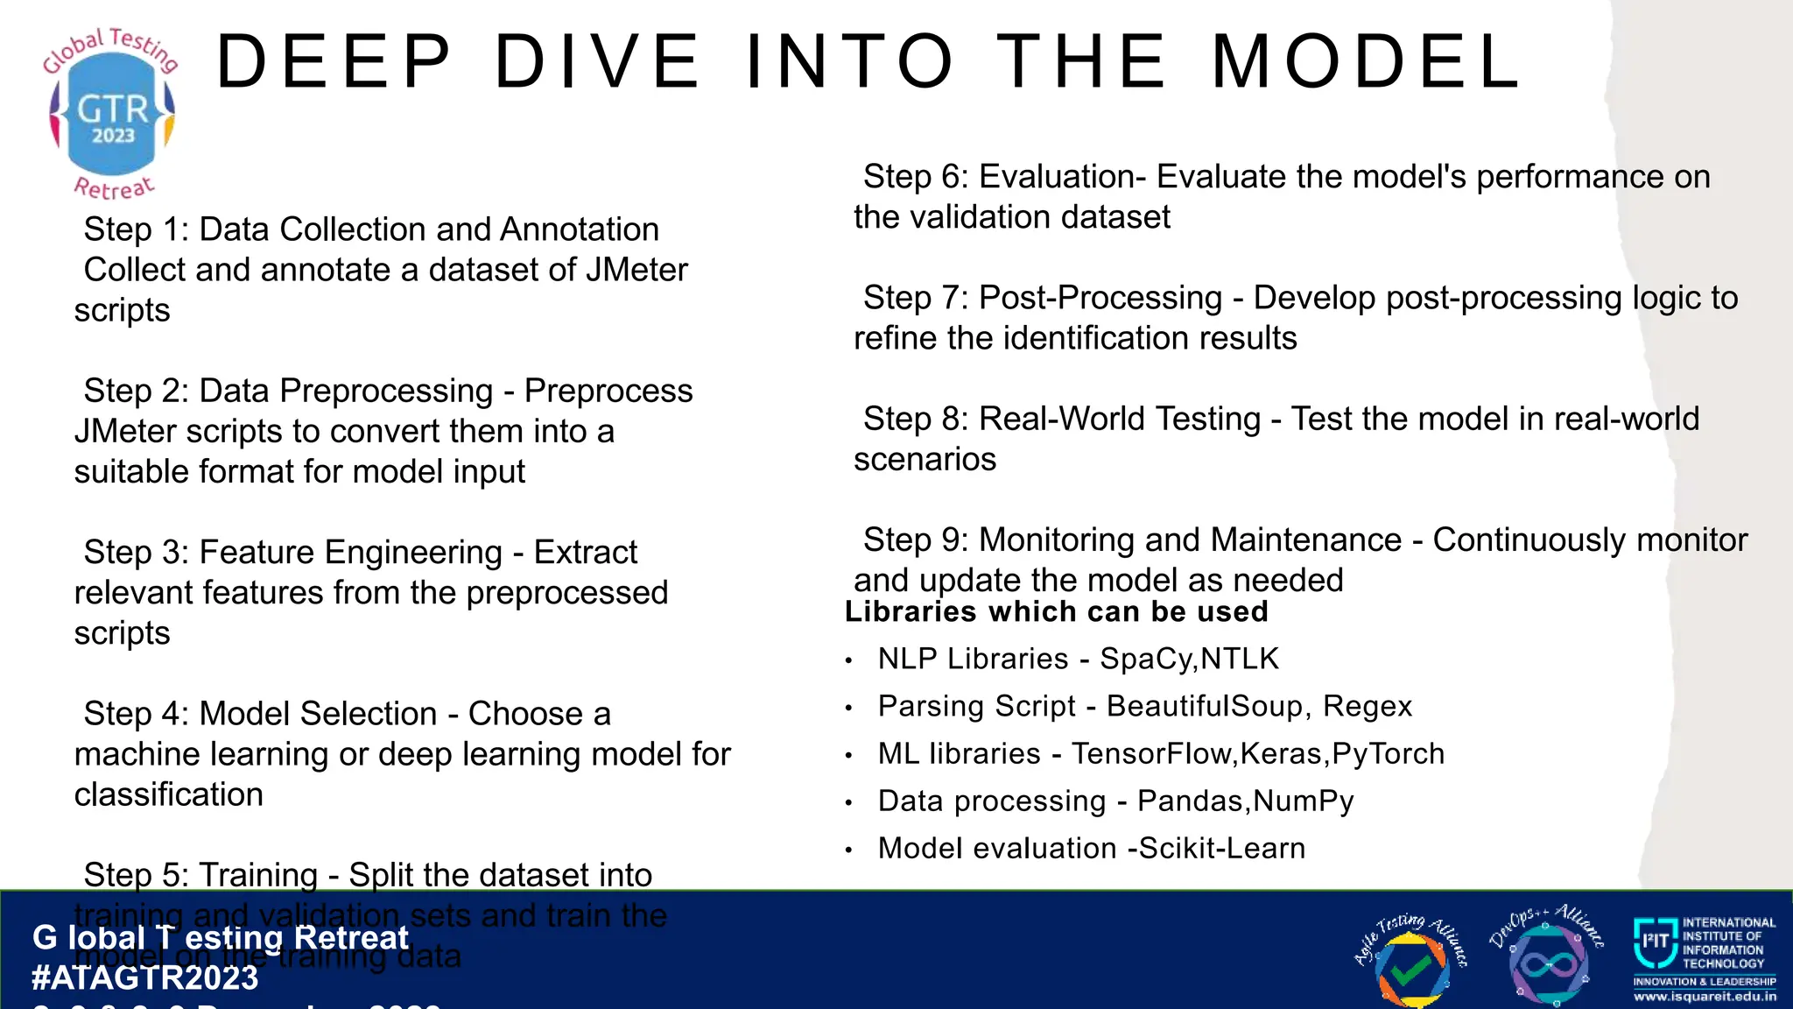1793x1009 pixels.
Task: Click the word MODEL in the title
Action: click(x=1367, y=61)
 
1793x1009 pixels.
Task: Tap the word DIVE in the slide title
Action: click(x=597, y=61)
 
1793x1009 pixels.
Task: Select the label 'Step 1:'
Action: click(x=136, y=229)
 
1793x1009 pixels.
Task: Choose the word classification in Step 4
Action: click(x=168, y=795)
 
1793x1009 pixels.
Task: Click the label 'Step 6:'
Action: click(x=915, y=177)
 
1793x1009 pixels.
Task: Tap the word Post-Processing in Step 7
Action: click(x=1100, y=298)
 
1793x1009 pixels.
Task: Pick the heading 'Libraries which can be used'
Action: click(x=1057, y=611)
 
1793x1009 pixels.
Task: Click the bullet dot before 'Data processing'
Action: click(x=848, y=802)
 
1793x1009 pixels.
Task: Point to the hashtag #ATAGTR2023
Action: click(x=145, y=977)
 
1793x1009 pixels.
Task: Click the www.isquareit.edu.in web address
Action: click(x=1705, y=996)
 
